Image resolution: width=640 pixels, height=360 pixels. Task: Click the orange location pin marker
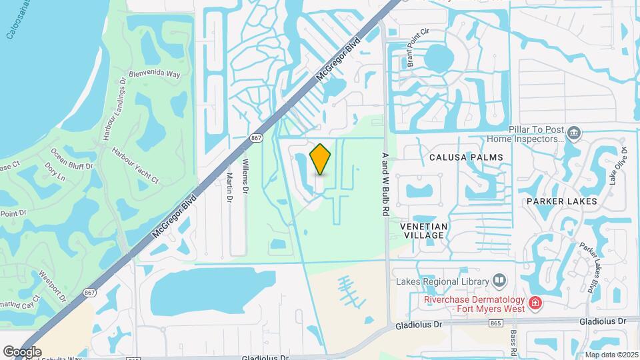coord(320,159)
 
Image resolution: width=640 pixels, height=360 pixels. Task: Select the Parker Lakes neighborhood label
coord(561,201)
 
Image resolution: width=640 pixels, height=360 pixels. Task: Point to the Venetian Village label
coord(423,231)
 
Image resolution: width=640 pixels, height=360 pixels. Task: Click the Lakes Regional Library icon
coord(499,279)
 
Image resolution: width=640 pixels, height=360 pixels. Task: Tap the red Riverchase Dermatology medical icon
coord(534,304)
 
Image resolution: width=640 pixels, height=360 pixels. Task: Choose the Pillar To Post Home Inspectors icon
coord(572,134)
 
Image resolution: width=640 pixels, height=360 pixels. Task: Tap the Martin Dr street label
coord(229,188)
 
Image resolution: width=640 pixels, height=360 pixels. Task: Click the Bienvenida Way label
coord(155,73)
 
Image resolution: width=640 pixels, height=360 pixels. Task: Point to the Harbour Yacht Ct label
coord(135,165)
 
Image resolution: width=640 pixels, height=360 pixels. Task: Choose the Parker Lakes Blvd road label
coord(587,267)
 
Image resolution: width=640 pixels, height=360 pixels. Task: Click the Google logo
coord(22,351)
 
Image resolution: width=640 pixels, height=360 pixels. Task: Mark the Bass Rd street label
coord(514,341)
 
